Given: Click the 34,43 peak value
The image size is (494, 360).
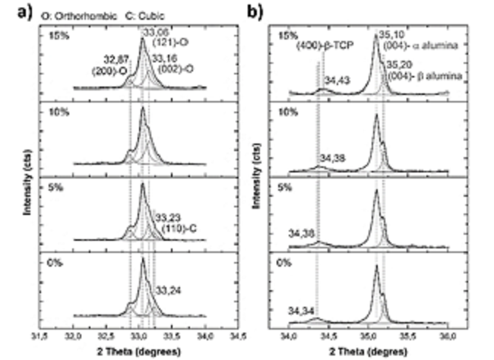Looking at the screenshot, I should (337, 79).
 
